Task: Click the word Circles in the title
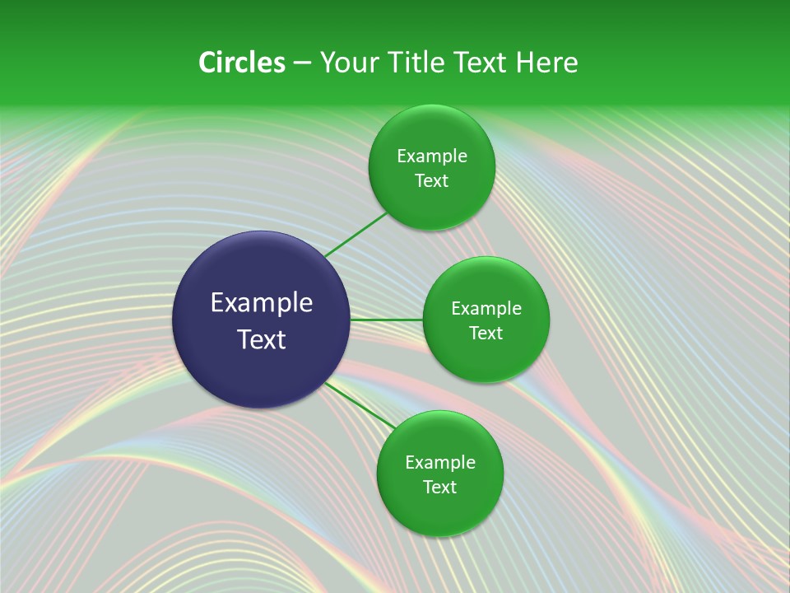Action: click(241, 63)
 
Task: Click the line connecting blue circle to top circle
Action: click(355, 235)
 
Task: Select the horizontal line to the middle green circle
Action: click(386, 320)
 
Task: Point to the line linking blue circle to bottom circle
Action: click(359, 404)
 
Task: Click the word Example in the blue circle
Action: click(262, 303)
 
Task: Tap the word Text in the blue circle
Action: click(262, 339)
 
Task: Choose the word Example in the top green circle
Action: click(432, 156)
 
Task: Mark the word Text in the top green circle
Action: click(431, 181)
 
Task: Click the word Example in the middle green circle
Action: click(486, 309)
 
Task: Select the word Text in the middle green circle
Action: click(486, 334)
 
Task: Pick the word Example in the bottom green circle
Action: click(440, 463)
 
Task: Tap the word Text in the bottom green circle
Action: click(439, 488)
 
